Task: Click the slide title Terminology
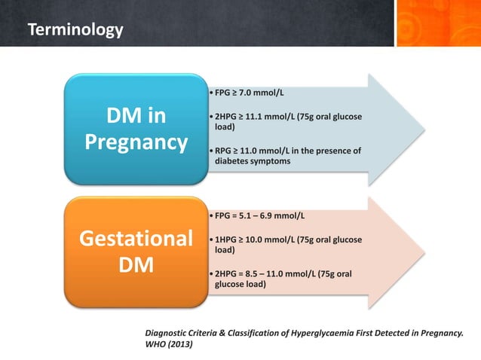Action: (75, 31)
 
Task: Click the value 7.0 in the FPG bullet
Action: (253, 93)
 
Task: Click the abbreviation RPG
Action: (225, 151)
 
